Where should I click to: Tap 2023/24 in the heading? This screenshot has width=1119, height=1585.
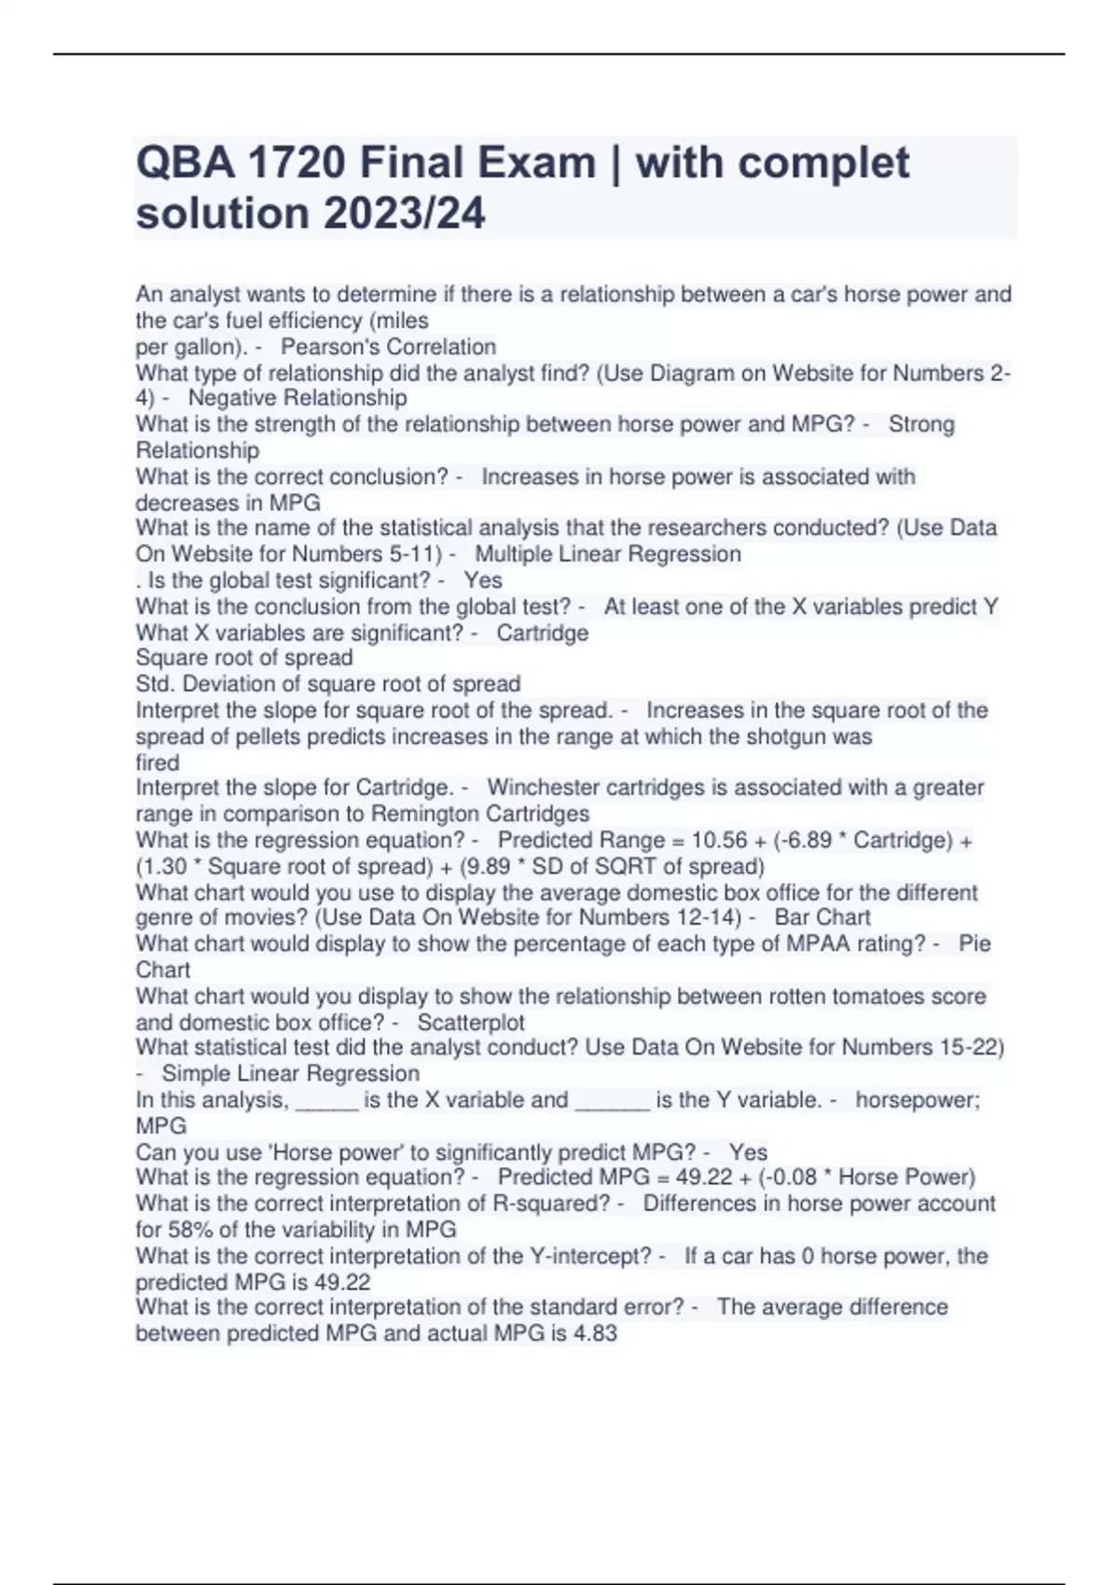pos(404,214)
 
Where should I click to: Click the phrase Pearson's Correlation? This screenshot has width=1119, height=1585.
pos(388,347)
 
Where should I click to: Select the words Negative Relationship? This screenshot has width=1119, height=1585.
pos(297,398)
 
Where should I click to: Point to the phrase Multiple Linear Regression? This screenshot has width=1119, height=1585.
pos(608,554)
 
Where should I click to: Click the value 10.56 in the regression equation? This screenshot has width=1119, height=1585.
pos(719,840)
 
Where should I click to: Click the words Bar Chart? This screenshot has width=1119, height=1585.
pos(822,917)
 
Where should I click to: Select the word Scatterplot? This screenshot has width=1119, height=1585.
pos(471,1022)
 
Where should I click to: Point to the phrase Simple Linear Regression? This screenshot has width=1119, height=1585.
pos(291,1073)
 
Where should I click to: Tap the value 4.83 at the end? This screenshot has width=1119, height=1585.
pos(595,1333)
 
